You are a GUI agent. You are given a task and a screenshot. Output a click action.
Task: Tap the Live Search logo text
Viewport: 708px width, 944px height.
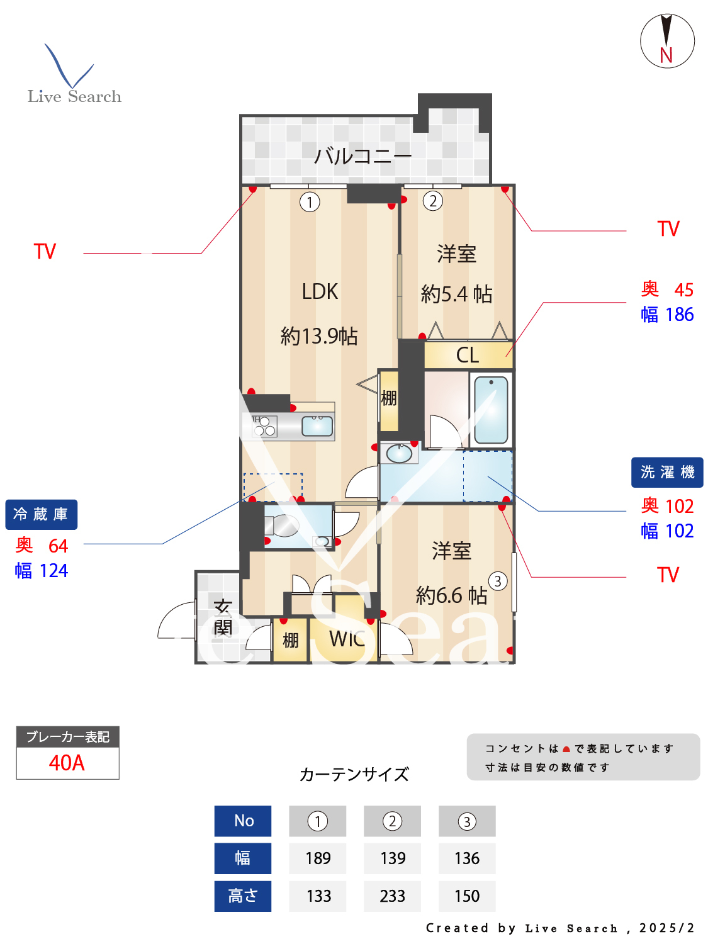point(74,96)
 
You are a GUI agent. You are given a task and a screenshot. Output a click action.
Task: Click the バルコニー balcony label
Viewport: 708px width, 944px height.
point(362,155)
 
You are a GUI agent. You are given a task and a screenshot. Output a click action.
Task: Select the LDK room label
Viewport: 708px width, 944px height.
point(320,291)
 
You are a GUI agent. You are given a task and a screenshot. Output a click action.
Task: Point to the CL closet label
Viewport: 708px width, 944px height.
point(468,356)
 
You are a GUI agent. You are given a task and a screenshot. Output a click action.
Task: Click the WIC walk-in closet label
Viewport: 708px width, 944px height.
point(347,639)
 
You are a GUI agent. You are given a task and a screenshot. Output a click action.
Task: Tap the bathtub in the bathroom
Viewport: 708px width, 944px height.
point(491,410)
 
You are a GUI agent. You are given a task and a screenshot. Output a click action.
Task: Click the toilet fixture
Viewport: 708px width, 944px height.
point(282,525)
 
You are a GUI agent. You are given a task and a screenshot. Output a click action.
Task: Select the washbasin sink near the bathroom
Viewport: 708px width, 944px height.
point(399,452)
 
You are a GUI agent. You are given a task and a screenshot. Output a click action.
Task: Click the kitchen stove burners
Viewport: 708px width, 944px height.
point(264,426)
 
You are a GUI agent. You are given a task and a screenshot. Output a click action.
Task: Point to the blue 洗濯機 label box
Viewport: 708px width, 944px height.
point(667,472)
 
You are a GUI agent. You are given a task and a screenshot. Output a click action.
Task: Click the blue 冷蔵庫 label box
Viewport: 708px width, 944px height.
point(41,515)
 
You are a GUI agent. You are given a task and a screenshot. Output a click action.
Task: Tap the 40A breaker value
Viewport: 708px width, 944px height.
point(67,763)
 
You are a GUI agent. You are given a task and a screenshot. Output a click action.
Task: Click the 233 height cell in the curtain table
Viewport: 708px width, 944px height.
point(392,896)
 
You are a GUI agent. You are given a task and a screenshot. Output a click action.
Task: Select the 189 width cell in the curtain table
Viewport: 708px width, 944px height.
point(318,858)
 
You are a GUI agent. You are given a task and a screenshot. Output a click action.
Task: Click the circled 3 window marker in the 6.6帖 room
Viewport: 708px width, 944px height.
point(498,581)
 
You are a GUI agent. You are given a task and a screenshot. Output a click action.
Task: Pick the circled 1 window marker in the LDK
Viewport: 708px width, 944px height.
point(310,202)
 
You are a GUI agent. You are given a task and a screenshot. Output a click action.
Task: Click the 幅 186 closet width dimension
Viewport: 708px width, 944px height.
point(667,315)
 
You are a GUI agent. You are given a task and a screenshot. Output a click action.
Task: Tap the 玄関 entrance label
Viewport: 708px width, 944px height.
point(223,618)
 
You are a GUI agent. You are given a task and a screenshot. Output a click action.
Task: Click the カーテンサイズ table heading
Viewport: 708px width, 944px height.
point(354,774)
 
